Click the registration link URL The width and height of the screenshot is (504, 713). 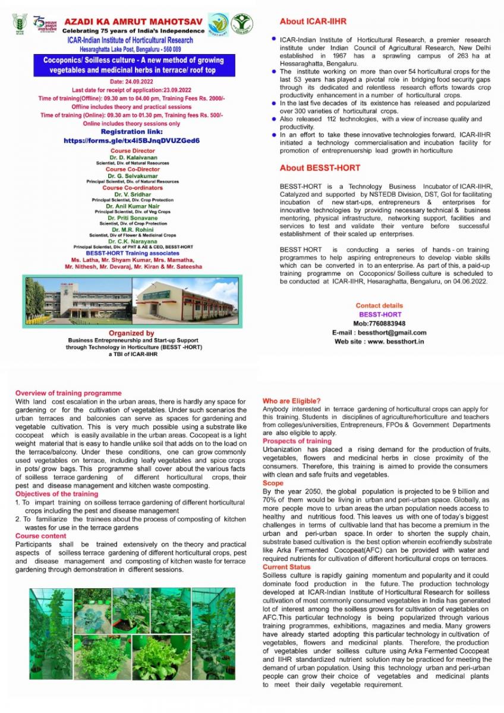point(132,141)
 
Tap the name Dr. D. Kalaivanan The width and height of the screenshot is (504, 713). point(132,157)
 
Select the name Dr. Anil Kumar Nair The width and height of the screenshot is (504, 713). point(132,206)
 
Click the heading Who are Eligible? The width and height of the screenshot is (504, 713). point(291,400)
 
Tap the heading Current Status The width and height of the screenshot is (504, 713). point(286,567)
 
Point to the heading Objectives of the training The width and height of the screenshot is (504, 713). point(56,494)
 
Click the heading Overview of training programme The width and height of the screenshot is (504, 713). point(68,393)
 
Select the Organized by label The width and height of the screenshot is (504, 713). point(132,333)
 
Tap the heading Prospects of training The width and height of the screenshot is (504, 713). point(297,441)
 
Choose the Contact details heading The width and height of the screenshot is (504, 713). point(380,305)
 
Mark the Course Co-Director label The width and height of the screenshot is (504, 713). point(132,169)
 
